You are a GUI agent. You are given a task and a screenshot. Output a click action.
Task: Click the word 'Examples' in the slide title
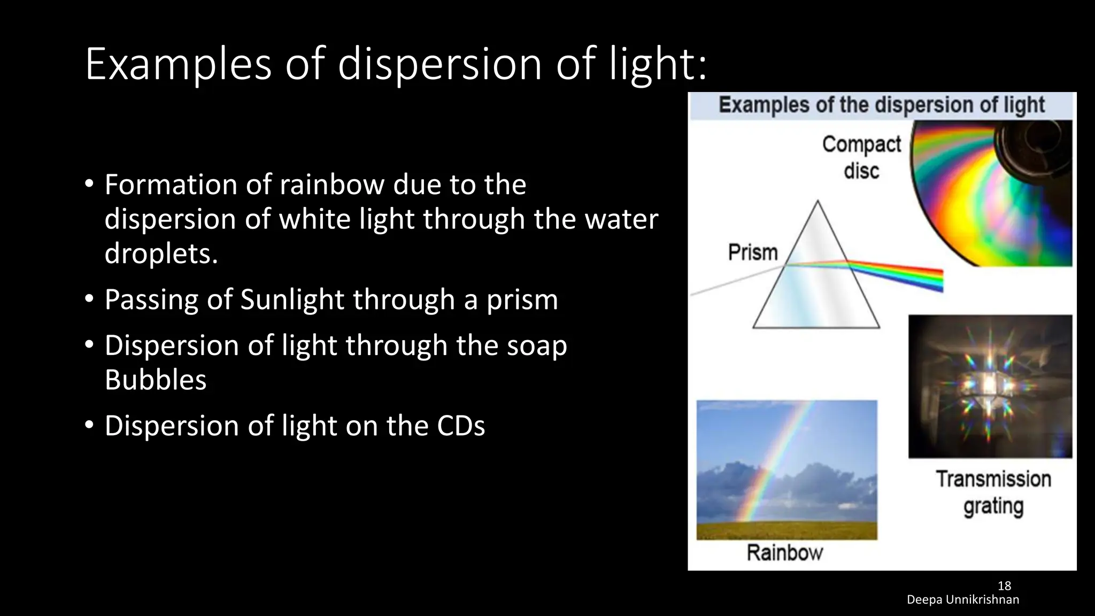(179, 65)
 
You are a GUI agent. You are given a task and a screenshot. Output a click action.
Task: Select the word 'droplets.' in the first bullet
(161, 253)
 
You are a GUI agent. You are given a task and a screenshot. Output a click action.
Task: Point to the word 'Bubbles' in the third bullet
(155, 380)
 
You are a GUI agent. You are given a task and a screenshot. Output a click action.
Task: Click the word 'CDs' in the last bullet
(460, 426)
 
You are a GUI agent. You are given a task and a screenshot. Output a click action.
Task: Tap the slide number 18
(1004, 586)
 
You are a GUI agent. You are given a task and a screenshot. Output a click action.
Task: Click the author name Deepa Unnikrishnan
(962, 600)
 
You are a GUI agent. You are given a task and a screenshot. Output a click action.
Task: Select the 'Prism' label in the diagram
(752, 252)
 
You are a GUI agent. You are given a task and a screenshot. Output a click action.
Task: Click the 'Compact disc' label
(861, 157)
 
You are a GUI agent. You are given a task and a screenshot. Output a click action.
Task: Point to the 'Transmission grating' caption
(993, 492)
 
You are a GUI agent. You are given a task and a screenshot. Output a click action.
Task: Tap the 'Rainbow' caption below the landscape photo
(784, 553)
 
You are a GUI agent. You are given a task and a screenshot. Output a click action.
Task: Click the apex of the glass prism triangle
(818, 204)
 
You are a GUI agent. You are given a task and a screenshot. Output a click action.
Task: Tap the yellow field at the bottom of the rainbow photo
(786, 530)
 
